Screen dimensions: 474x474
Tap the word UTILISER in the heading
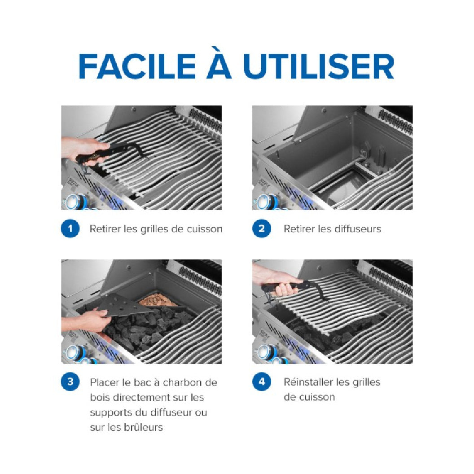[319, 66]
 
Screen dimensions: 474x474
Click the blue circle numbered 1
[70, 228]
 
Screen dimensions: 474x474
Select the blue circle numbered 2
[262, 228]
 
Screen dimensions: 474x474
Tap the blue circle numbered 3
[70, 382]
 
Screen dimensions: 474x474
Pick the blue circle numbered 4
[262, 382]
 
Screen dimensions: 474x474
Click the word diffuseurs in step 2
[357, 229]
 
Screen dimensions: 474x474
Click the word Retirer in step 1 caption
[105, 229]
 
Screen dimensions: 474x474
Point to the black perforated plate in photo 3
[128, 307]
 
